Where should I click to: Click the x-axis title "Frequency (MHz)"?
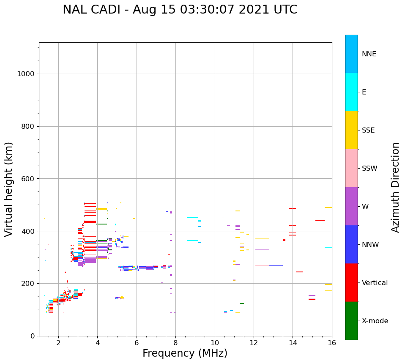coord(185,353)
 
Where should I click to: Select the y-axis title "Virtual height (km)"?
coord(9,189)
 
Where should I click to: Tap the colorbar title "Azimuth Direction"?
coord(395,187)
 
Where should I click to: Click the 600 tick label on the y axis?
coord(27,179)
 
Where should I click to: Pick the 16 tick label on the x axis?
coord(332,342)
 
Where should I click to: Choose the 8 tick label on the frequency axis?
coord(175,342)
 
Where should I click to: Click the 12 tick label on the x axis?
coord(254,342)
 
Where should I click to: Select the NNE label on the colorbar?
coord(369,54)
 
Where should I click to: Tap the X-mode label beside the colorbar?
coord(375,321)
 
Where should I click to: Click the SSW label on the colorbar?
coord(369,168)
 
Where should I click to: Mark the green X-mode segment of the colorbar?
coord(351,321)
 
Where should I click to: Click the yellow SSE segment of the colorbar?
coord(351,130)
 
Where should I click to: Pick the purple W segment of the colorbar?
coord(351,206)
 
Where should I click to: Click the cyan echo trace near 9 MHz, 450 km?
coord(192,217)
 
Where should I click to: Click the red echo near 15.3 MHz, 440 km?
coord(320,220)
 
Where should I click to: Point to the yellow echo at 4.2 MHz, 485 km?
coord(101,209)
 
